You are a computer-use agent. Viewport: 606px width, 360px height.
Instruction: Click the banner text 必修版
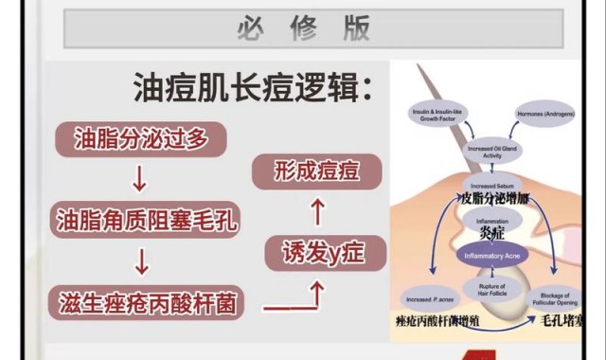[x=303, y=27]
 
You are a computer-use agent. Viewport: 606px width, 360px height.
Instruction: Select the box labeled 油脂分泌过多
[x=140, y=139]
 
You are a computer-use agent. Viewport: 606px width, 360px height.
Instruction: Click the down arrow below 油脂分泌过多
[x=140, y=179]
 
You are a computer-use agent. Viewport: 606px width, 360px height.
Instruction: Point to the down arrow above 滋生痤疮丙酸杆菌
[x=140, y=261]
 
